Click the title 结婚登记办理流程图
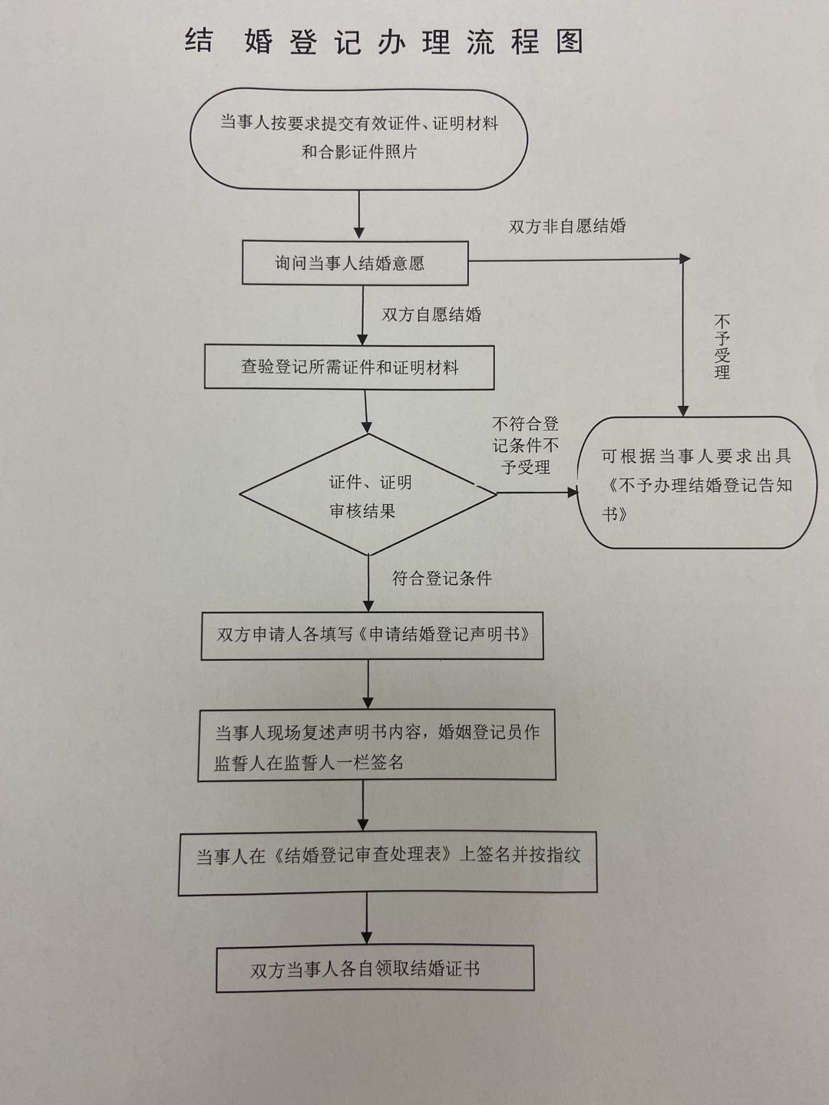coord(384,42)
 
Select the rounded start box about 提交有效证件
coord(358,137)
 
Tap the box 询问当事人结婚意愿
coord(355,263)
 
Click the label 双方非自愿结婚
coord(567,226)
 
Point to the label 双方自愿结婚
coord(431,315)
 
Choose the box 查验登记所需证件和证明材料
coord(349,368)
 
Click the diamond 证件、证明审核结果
coord(369,496)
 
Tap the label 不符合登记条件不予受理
coord(526,445)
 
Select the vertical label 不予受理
coord(722,347)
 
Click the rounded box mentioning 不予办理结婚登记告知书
coord(697,483)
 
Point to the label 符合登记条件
coord(441,579)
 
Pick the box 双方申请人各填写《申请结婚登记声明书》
coord(372,635)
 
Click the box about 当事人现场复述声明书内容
coord(377,747)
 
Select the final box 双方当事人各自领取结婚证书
coord(375,969)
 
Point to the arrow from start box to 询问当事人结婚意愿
coord(359,215)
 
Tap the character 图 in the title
coord(570,42)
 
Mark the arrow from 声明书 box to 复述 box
coord(368,684)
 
